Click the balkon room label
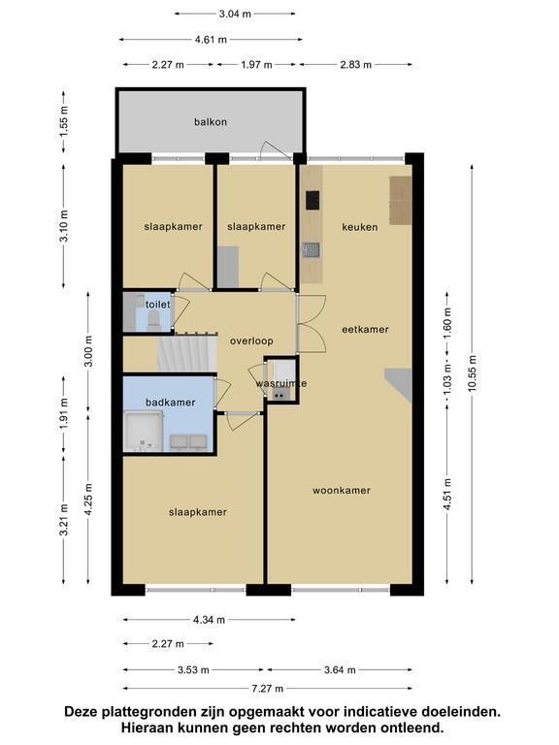click(210, 122)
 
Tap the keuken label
click(360, 227)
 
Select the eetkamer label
click(365, 329)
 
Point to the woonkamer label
click(342, 490)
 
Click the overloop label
click(251, 341)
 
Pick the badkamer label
click(170, 403)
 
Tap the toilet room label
click(158, 304)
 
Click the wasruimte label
click(280, 383)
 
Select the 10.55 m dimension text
click(472, 373)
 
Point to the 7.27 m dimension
click(268, 689)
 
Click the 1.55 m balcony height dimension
click(64, 121)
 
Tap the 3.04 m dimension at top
click(235, 14)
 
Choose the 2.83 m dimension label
click(355, 65)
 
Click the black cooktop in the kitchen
click(312, 200)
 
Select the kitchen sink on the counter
click(311, 249)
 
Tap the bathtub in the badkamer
click(144, 432)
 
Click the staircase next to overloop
click(186, 353)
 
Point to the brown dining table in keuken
click(401, 201)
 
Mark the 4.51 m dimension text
click(446, 495)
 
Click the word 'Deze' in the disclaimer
click(80, 712)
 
